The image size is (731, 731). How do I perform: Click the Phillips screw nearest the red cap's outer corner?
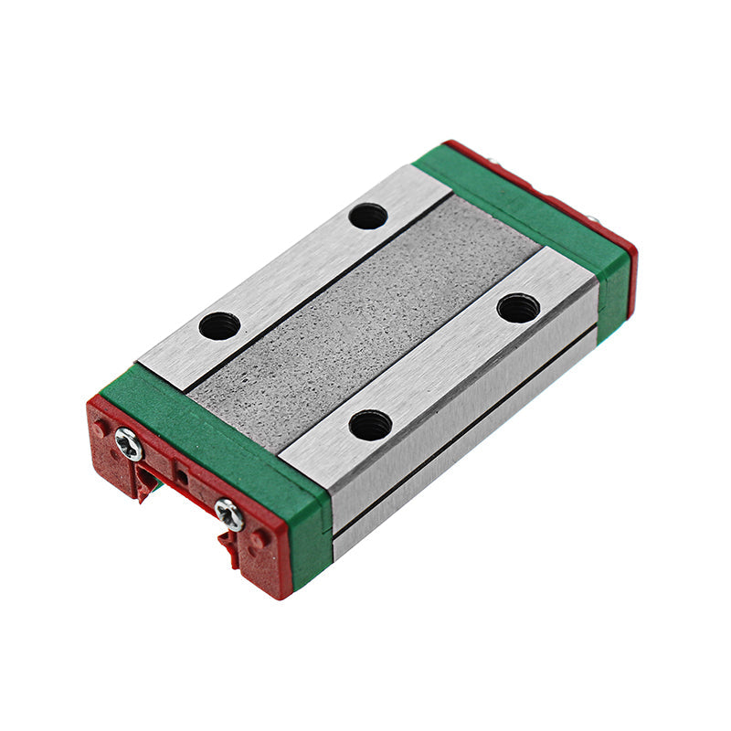pos(129,445)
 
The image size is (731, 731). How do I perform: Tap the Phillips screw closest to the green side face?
pos(228,514)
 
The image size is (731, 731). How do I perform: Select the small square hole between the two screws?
pos(182,476)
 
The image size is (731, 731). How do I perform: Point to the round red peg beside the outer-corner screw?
pos(99,427)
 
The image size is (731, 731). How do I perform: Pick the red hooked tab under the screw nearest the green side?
pos(228,546)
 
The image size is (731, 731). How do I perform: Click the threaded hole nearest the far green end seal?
pos(367,216)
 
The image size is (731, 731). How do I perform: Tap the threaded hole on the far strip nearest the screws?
pos(219,325)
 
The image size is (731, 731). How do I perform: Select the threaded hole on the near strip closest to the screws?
pos(370,425)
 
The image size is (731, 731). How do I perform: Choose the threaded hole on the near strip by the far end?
pos(518,308)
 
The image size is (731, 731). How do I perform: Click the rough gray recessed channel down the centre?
pos(365,320)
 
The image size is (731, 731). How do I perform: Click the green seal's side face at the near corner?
pos(311,548)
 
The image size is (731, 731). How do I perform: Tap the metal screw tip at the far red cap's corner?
pos(592,218)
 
